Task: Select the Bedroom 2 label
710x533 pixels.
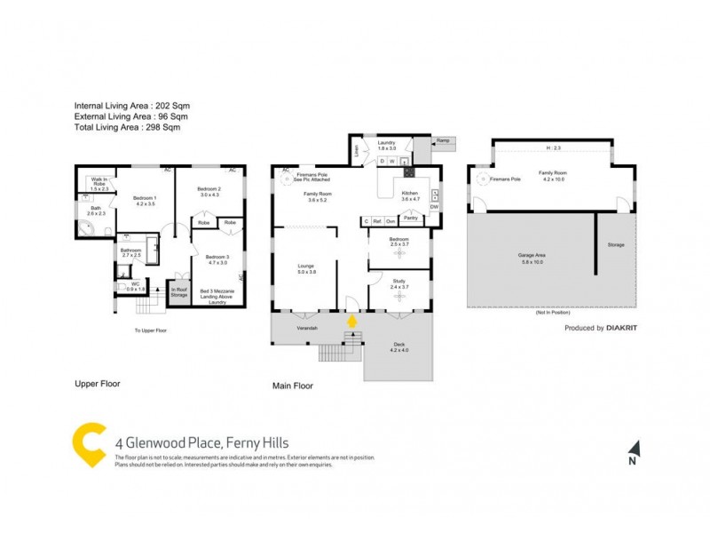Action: point(209,191)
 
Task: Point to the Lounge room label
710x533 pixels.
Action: point(306,267)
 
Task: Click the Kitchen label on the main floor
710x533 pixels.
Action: point(409,195)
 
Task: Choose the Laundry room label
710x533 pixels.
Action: point(385,144)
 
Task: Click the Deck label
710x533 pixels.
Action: point(398,346)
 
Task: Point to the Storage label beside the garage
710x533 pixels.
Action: point(616,245)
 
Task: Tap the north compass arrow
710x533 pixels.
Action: point(633,449)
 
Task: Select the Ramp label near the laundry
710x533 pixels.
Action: point(441,140)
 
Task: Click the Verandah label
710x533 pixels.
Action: point(307,328)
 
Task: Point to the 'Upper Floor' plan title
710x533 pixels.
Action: point(97,385)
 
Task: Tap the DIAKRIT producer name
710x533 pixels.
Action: point(621,328)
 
